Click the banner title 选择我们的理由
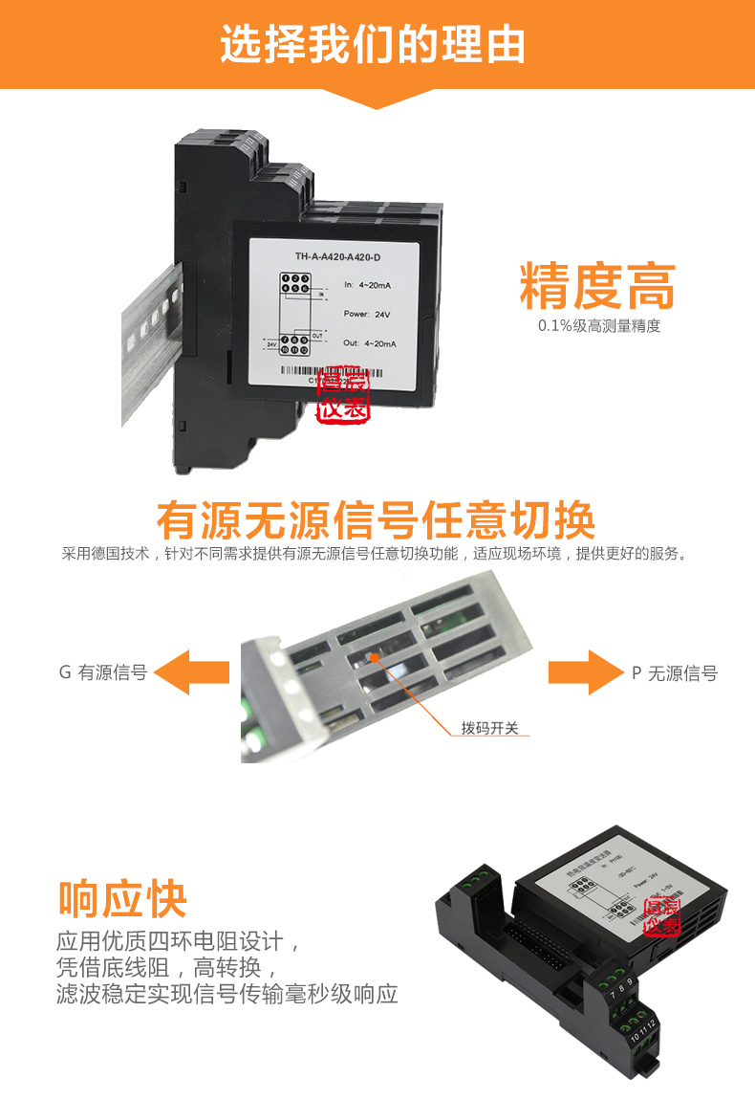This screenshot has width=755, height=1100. tap(373, 44)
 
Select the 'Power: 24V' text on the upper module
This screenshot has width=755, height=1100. tap(368, 314)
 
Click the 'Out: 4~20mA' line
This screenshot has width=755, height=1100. tap(369, 342)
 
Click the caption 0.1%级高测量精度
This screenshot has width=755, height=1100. tap(598, 326)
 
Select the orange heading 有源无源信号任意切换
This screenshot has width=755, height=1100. tap(376, 520)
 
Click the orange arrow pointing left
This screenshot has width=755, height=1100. tap(192, 672)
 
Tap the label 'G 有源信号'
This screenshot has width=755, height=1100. tap(103, 673)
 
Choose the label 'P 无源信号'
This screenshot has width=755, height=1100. tap(674, 673)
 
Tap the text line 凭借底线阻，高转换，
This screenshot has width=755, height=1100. tap(167, 967)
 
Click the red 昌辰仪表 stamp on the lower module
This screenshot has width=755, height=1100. tap(661, 917)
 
